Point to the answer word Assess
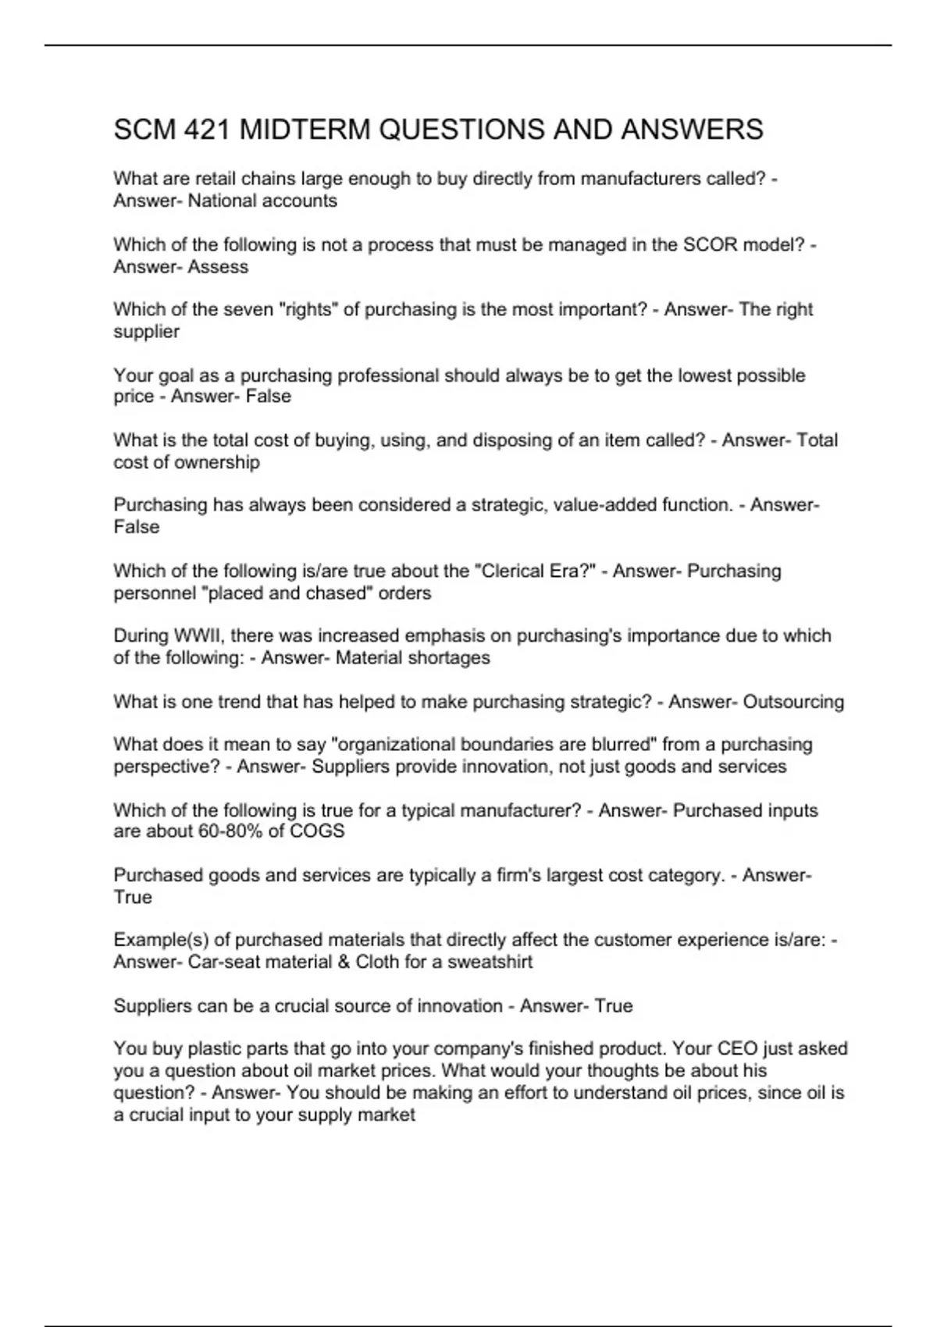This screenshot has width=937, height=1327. (x=218, y=267)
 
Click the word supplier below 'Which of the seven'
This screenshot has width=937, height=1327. (x=146, y=332)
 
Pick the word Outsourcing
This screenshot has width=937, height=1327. (x=793, y=702)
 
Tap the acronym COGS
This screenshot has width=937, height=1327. (x=317, y=831)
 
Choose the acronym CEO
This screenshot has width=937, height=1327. (x=737, y=1049)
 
